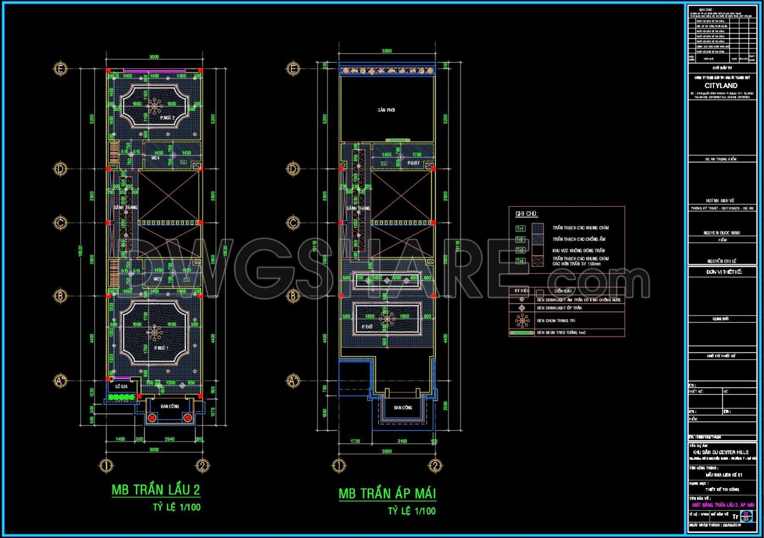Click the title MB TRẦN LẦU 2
[156, 490]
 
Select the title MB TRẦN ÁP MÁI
[387, 493]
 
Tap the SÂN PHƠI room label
[386, 110]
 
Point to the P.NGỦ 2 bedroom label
[167, 118]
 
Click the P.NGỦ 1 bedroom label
[161, 348]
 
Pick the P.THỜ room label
[367, 327]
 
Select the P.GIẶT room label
[413, 163]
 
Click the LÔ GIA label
[121, 387]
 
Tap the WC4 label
[155, 158]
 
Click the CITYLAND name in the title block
[721, 86]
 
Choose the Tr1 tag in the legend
[520, 229]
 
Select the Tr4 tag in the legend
[520, 261]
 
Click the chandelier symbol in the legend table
[522, 320]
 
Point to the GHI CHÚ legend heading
[527, 214]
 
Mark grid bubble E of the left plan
[61, 68]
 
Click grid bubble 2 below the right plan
[434, 465]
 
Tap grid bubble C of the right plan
[293, 222]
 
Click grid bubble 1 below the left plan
[105, 465]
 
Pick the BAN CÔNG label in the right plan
[403, 408]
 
